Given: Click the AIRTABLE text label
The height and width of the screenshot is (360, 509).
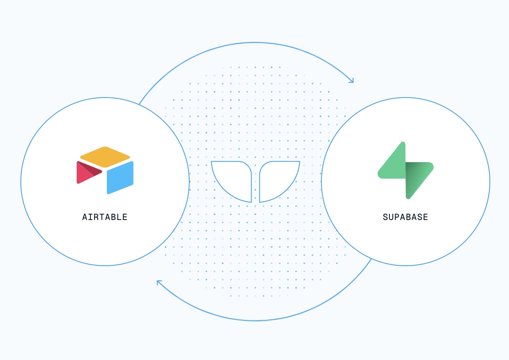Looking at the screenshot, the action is (105, 217).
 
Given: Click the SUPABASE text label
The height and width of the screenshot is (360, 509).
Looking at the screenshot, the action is (405, 217).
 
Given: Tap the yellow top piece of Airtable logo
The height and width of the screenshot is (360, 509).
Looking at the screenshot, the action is (105, 157).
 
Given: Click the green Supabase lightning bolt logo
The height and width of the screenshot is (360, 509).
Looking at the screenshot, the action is (405, 170).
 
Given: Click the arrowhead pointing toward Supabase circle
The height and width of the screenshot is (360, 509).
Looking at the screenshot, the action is (351, 80).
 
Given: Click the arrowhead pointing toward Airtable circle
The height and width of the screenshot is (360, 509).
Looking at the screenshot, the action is (159, 282).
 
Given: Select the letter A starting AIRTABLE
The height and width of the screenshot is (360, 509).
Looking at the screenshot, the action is (85, 217).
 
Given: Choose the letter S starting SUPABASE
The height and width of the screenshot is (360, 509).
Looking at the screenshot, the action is (385, 217).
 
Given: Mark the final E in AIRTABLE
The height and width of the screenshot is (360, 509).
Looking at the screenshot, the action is (125, 217).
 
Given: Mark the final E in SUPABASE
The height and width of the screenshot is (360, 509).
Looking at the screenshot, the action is (425, 217).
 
